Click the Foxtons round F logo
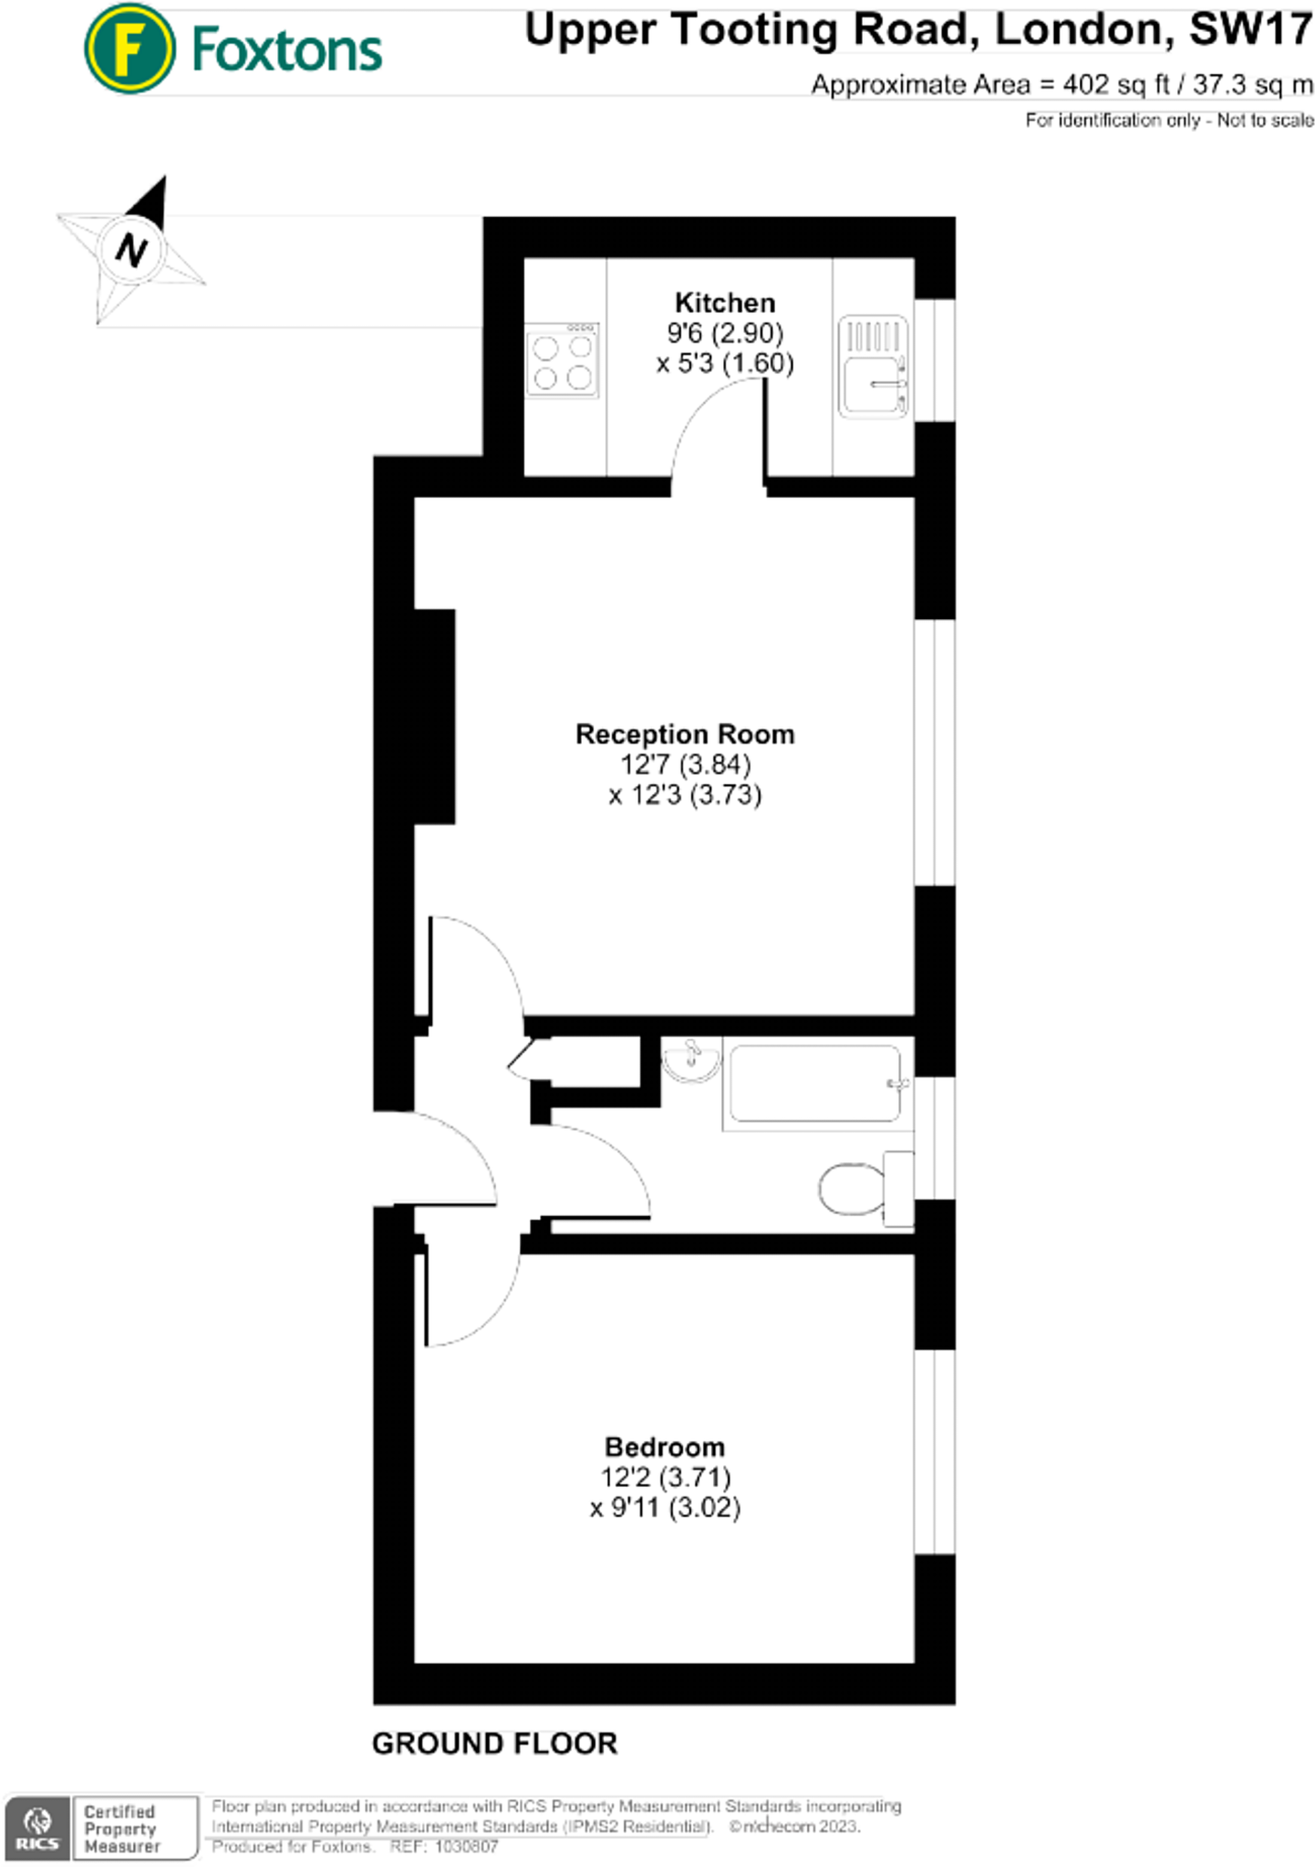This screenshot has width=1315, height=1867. (129, 49)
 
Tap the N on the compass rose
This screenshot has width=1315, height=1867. (132, 249)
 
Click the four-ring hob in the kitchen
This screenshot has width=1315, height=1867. (562, 361)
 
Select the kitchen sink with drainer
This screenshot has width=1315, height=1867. (873, 366)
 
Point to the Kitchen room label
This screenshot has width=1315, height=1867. (724, 303)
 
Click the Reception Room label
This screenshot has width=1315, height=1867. (684, 734)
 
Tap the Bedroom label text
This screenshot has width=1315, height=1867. (665, 1447)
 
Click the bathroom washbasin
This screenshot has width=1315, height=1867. (691, 1061)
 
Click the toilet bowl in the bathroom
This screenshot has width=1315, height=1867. (852, 1189)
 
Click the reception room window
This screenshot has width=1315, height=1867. (935, 752)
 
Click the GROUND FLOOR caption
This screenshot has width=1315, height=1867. (494, 1743)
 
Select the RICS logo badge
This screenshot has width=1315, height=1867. (37, 1828)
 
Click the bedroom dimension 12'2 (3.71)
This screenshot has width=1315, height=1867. (666, 1477)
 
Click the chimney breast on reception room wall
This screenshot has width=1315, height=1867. (435, 717)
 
